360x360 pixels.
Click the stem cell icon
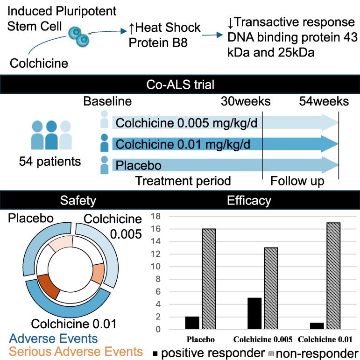(79, 37)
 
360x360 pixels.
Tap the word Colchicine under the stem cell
(39, 63)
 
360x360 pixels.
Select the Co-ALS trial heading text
(180, 85)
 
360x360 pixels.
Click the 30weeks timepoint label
(246, 101)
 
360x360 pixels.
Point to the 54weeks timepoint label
(324, 101)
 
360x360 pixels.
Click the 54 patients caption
(50, 161)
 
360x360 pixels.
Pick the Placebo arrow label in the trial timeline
(139, 166)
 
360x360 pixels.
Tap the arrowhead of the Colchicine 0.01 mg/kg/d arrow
(330, 144)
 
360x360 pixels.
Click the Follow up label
(297, 181)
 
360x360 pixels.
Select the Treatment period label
(183, 181)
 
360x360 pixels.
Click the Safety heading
(78, 200)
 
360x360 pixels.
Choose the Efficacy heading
(249, 200)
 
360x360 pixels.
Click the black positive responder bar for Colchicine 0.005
(254, 313)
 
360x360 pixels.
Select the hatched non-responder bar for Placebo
(209, 279)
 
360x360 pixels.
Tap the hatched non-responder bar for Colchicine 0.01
(333, 276)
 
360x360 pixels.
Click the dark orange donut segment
(49, 286)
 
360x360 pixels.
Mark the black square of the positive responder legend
(155, 353)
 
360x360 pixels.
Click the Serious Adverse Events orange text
(76, 352)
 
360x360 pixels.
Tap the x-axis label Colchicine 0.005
(263, 339)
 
